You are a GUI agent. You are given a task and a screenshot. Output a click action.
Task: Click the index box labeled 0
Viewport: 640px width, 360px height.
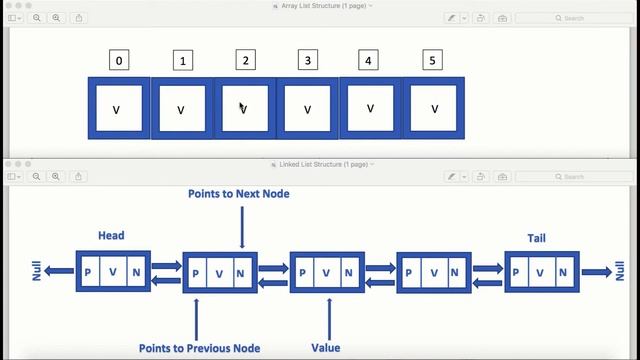[119, 61]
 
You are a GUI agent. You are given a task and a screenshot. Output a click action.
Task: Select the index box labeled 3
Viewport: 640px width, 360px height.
[307, 61]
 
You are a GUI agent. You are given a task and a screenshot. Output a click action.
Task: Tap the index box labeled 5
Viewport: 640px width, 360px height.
[432, 61]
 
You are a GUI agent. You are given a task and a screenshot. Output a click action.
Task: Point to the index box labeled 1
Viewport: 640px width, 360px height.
[182, 61]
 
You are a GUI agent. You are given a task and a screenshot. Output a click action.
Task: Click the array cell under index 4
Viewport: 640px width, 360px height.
[370, 108]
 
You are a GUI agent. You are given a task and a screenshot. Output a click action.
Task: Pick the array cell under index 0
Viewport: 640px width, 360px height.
[118, 108]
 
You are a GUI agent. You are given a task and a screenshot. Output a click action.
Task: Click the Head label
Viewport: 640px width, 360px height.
[111, 236]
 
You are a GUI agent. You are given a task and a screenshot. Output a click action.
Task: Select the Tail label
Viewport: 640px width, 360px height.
[537, 238]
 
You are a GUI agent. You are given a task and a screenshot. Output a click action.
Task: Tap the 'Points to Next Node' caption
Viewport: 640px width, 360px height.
[239, 193]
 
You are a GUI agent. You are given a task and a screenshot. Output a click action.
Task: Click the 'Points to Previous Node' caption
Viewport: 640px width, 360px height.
[200, 349]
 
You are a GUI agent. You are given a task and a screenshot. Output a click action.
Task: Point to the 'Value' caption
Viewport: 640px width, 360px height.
[326, 349]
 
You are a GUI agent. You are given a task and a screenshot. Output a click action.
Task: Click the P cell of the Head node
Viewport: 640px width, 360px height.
[88, 272]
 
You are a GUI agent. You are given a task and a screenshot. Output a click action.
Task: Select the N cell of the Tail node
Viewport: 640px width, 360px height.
[566, 272]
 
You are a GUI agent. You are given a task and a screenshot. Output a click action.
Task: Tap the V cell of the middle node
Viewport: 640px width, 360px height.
[327, 272]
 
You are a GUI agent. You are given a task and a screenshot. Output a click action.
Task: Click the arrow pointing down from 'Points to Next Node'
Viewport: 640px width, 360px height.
[242, 225]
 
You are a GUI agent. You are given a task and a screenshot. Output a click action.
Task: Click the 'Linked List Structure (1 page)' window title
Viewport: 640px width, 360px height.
[319, 164]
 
